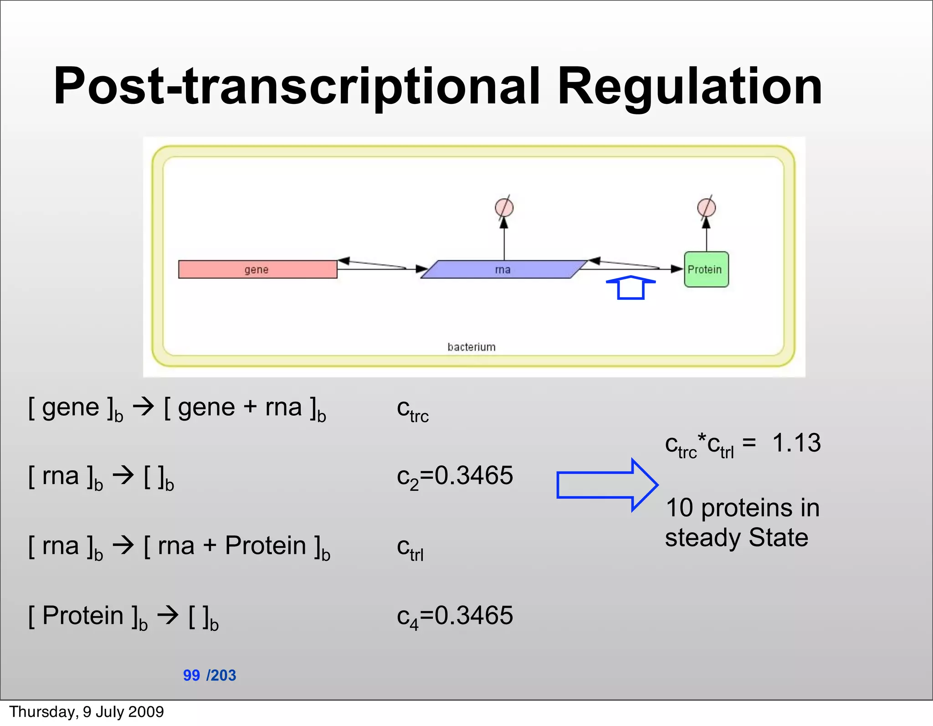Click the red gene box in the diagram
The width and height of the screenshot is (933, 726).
pyautogui.click(x=257, y=269)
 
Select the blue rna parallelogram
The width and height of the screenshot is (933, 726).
pyautogui.click(x=503, y=269)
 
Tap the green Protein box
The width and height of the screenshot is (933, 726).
pyautogui.click(x=706, y=269)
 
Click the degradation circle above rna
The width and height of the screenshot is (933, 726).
pyautogui.click(x=504, y=208)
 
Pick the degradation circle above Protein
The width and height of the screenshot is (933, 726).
pyautogui.click(x=706, y=208)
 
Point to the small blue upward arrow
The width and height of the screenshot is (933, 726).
pyautogui.click(x=631, y=288)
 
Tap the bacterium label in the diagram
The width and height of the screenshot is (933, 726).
pyautogui.click(x=471, y=347)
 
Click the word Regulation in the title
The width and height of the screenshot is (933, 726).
pyautogui.click(x=690, y=87)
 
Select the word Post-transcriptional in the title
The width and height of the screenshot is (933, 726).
pyautogui.click(x=296, y=87)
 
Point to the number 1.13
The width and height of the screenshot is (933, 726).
pyautogui.click(x=796, y=443)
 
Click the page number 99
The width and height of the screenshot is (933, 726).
pyautogui.click(x=191, y=675)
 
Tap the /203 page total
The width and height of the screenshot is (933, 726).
pyautogui.click(x=221, y=675)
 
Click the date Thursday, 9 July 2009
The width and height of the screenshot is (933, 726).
pyautogui.click(x=87, y=712)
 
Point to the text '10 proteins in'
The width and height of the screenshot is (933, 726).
pyautogui.click(x=743, y=508)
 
